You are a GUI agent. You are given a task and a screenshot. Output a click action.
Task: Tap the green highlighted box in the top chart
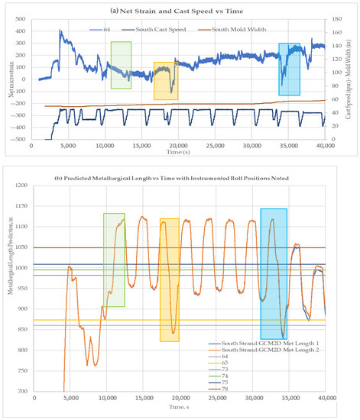point(121,65)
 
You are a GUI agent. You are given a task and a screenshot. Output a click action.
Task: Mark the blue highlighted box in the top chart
point(289,69)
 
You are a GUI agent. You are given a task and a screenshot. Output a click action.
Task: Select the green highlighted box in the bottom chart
point(114,260)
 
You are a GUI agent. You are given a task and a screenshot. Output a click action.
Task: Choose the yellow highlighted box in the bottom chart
point(169,279)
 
